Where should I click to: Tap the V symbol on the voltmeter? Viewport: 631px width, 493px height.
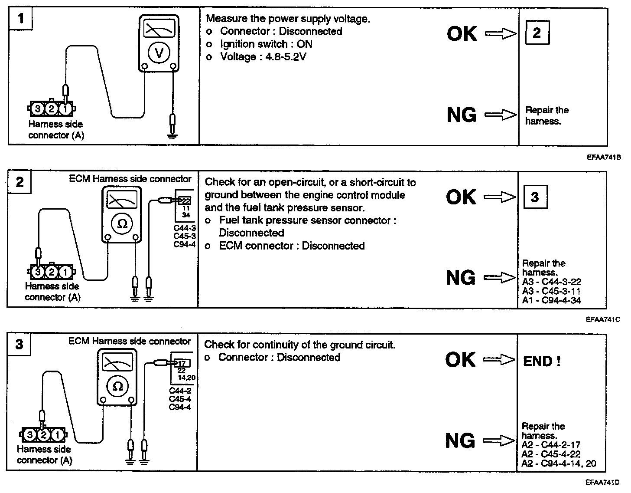[159, 53]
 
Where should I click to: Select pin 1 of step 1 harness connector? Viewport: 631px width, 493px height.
[65, 108]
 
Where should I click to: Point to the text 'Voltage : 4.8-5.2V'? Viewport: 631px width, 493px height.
[263, 57]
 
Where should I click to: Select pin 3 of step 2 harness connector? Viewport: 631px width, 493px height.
[38, 272]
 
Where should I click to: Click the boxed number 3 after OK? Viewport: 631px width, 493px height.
[535, 197]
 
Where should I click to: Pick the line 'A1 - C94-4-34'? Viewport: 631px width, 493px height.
[551, 300]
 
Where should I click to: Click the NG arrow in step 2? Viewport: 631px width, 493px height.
[500, 277]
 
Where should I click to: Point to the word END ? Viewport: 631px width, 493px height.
[542, 361]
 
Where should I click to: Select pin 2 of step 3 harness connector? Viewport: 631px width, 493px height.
[43, 435]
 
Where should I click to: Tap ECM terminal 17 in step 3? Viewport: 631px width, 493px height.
[182, 363]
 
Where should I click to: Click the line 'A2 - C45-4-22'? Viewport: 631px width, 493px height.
[551, 454]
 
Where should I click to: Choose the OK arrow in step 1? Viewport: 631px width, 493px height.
[501, 34]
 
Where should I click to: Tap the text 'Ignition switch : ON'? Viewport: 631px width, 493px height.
[266, 44]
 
